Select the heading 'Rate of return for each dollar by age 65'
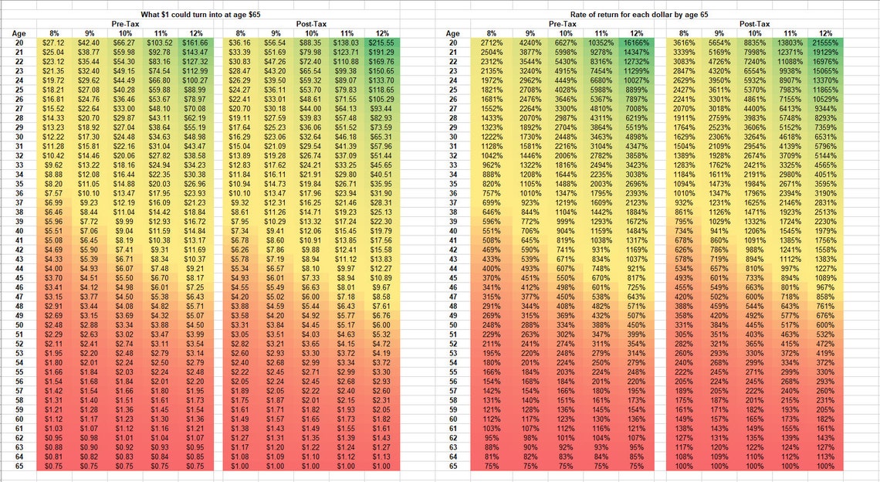coord(640,15)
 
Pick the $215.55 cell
coord(381,42)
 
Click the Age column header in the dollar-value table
coord(19,33)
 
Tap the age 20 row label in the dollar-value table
coord(19,42)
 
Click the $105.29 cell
coord(381,98)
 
